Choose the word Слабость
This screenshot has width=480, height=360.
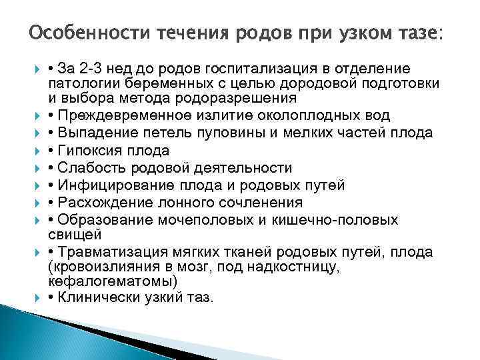point(87,168)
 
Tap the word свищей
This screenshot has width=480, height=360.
point(70,235)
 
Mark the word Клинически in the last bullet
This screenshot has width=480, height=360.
point(91,298)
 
